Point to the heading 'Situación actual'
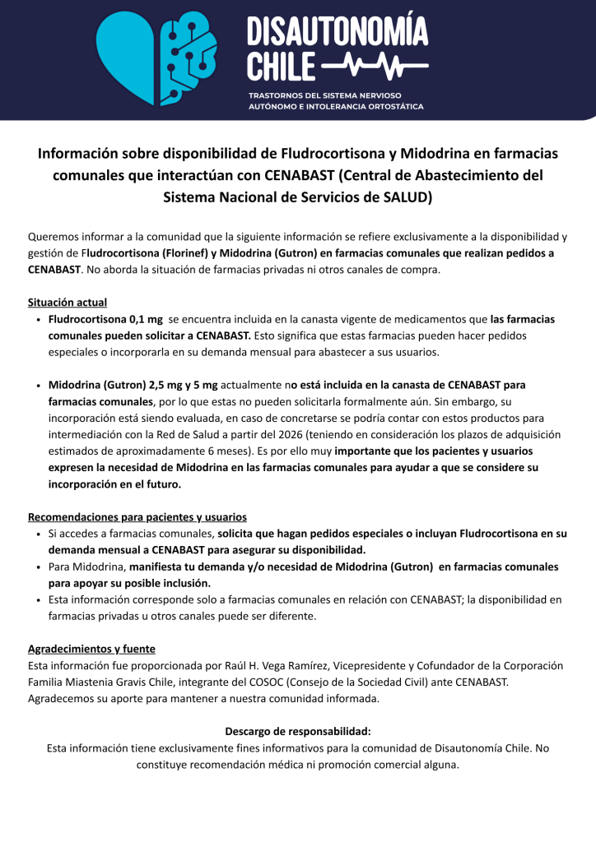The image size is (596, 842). click(68, 303)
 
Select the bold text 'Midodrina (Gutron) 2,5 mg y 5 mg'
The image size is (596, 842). click(133, 385)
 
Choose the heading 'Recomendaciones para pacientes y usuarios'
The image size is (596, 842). click(137, 517)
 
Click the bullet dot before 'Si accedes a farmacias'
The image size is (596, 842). click(40, 534)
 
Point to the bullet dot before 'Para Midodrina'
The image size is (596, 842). click(40, 567)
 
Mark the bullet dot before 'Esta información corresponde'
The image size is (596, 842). click(40, 600)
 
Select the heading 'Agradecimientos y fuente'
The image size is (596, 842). click(91, 649)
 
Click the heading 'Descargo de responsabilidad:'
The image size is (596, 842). click(298, 731)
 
